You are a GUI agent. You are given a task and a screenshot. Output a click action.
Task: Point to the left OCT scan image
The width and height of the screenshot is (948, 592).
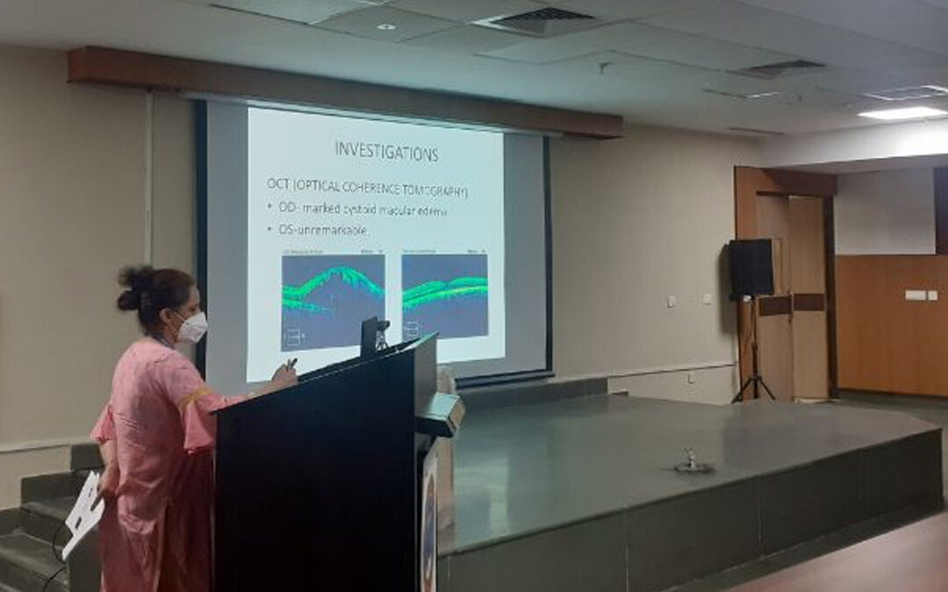[x=333, y=301]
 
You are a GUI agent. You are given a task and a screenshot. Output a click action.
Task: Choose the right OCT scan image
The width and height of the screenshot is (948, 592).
[x=444, y=296]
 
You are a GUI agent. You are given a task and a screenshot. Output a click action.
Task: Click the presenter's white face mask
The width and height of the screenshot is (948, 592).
[x=192, y=327]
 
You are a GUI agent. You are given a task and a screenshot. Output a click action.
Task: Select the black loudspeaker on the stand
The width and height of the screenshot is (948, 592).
[x=750, y=267]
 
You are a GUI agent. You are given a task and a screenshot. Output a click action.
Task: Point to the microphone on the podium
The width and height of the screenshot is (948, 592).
[x=379, y=332]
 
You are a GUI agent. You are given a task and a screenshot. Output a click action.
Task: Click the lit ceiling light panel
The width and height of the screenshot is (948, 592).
[x=902, y=113]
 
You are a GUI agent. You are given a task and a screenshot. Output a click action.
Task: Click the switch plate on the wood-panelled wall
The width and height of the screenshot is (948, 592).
[x=916, y=295]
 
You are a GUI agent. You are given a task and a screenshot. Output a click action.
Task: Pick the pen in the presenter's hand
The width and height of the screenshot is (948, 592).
[x=291, y=362]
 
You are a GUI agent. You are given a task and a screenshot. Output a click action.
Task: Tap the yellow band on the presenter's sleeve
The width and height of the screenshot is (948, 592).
[x=196, y=398]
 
